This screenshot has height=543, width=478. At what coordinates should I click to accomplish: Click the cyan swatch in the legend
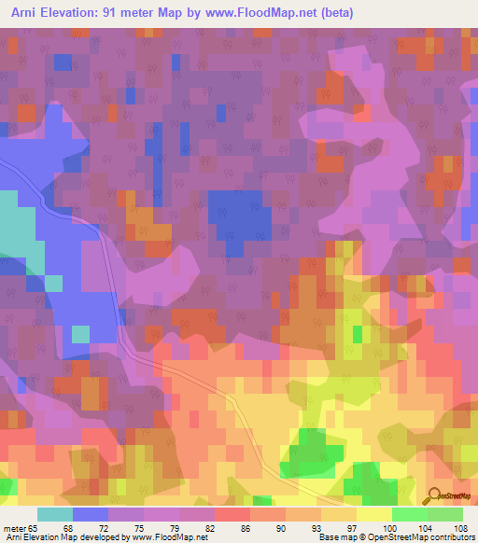coord(55,514)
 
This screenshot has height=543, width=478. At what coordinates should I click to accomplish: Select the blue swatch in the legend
coord(91,514)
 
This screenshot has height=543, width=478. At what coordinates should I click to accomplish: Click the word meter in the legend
coord(16,527)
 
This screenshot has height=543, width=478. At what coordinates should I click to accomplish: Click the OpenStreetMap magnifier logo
coord(435,495)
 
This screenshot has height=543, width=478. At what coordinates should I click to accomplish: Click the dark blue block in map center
coord(239,222)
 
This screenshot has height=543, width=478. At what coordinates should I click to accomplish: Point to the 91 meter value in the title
coord(124,10)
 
